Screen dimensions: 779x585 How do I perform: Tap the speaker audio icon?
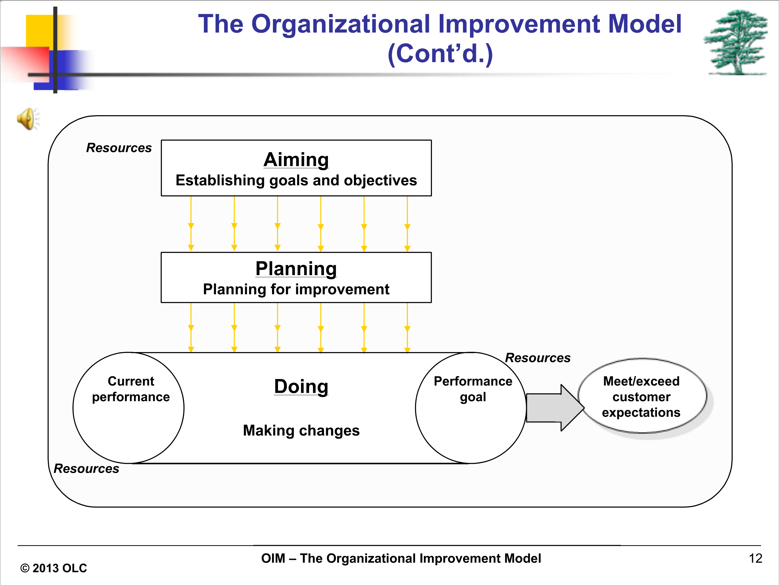(28, 119)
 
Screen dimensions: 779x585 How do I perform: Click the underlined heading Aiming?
(296, 160)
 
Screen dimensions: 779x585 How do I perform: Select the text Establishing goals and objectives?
(296, 181)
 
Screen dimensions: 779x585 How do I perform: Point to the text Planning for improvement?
(296, 290)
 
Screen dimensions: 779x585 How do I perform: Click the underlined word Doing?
(301, 387)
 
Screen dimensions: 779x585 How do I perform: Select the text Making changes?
(301, 431)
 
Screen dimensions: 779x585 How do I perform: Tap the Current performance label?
(131, 389)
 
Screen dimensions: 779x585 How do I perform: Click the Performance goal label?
(473, 389)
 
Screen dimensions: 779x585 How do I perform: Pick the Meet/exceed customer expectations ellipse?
(642, 396)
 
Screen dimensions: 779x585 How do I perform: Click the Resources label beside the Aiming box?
(119, 148)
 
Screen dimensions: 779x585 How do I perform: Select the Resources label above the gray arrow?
(538, 358)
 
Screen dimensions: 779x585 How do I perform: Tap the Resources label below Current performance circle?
(86, 469)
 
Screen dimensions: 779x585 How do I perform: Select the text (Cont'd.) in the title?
(440, 54)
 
